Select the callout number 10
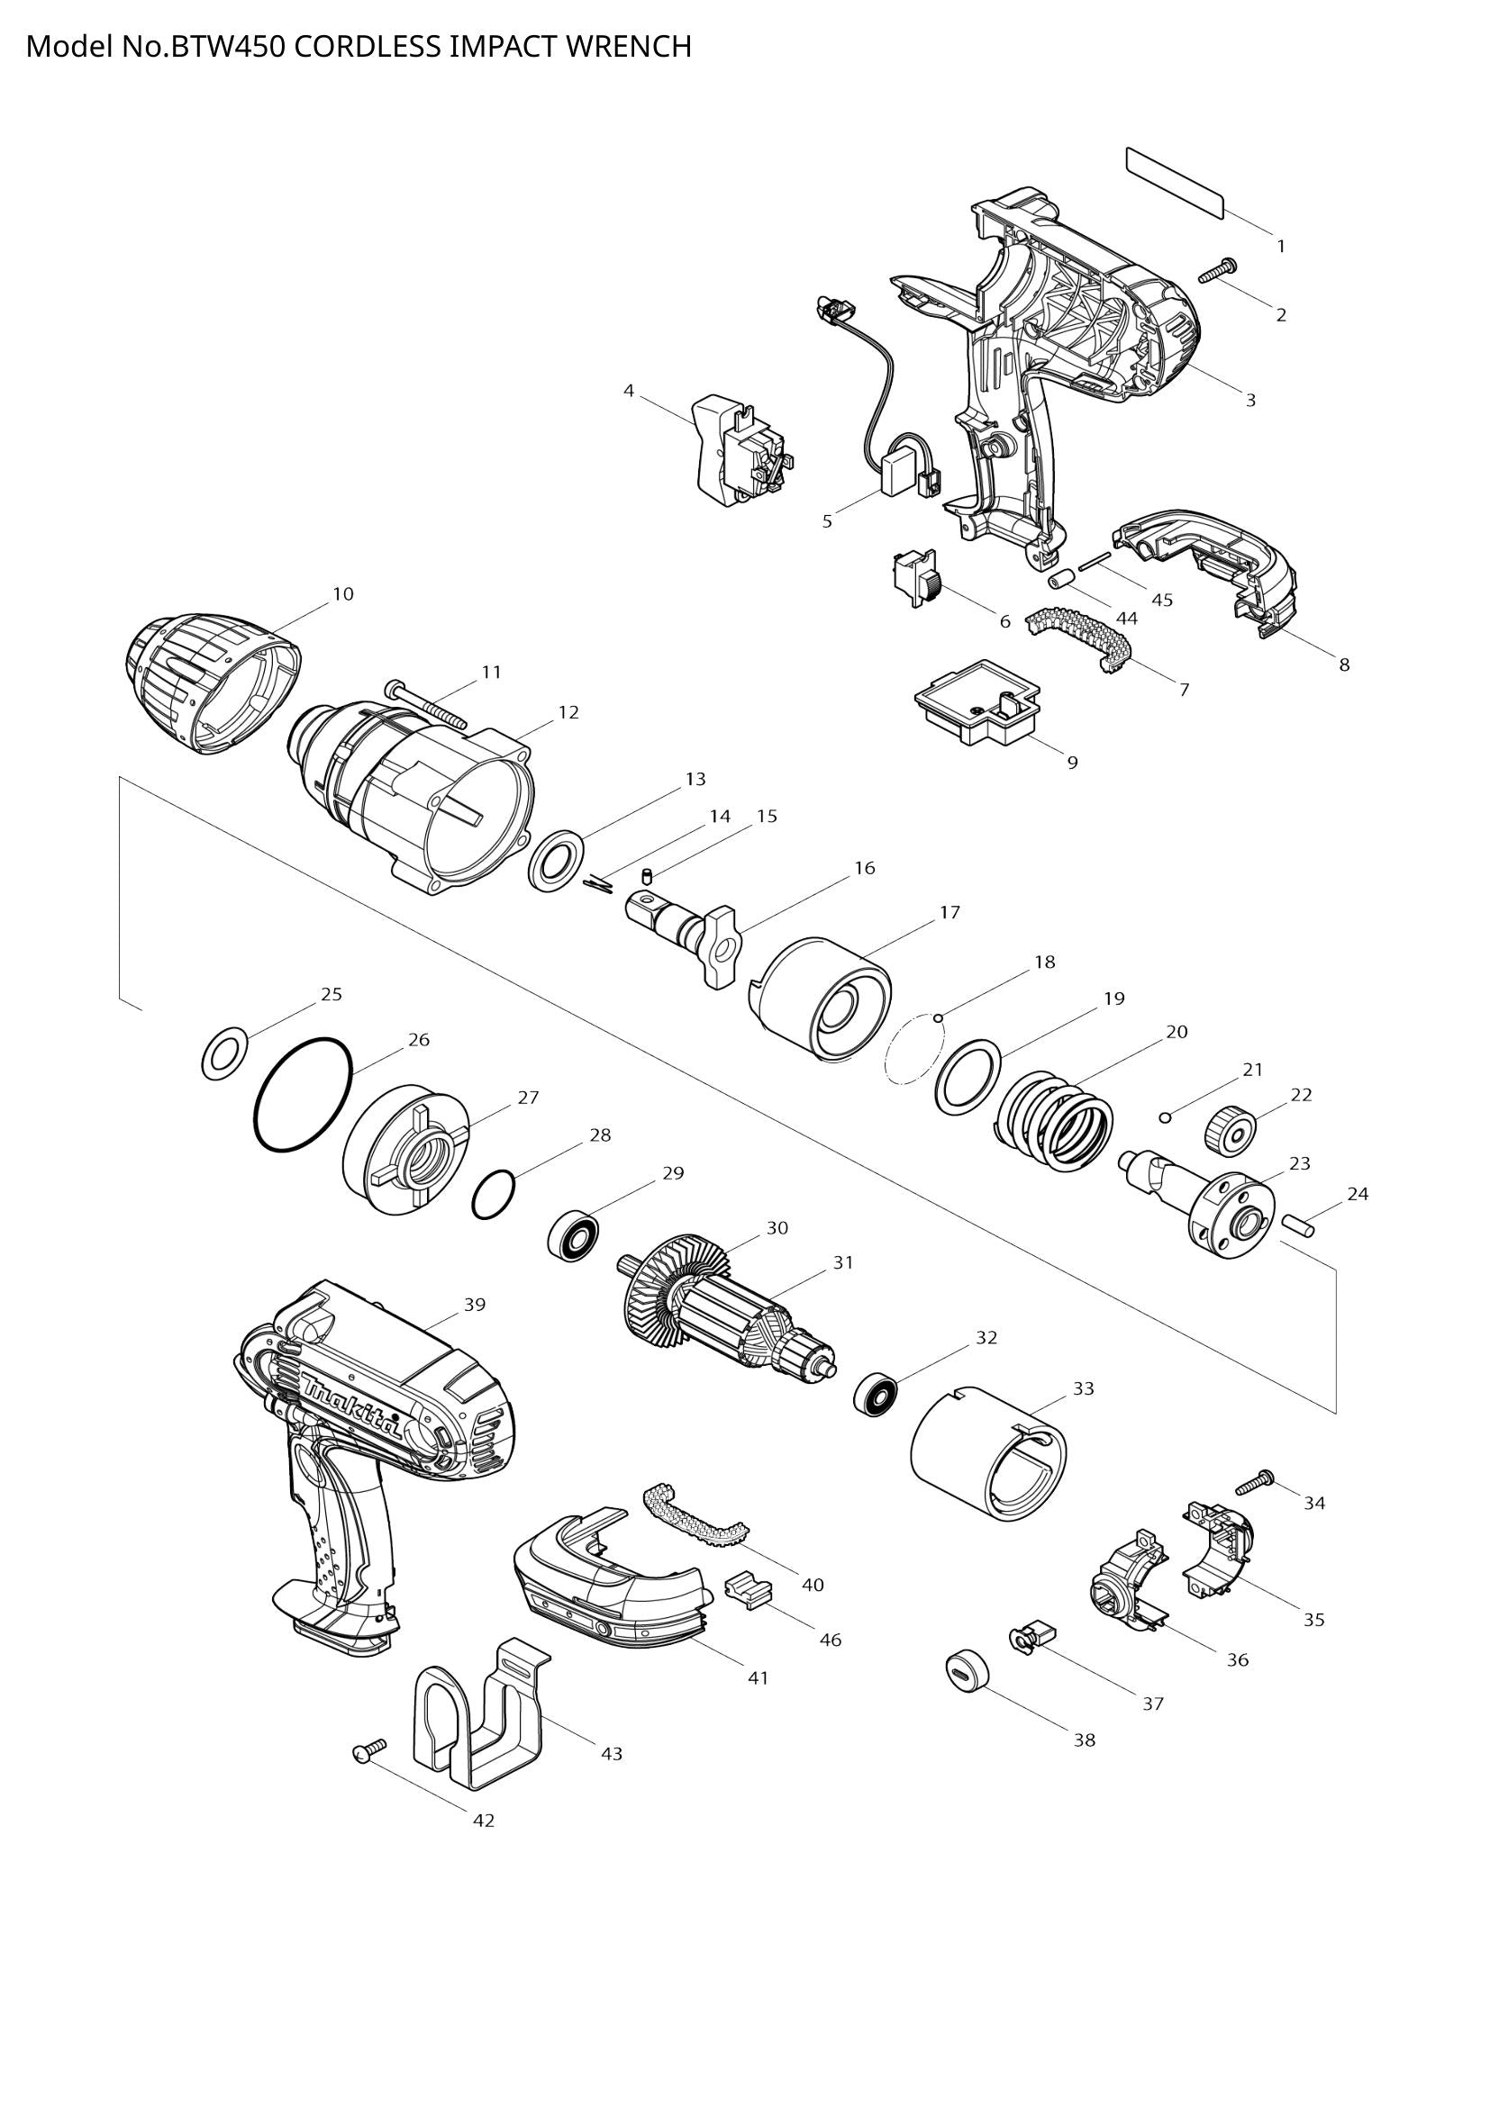click(x=342, y=594)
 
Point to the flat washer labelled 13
click(x=557, y=860)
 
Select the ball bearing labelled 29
click(x=575, y=1234)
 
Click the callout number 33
click(x=1084, y=1388)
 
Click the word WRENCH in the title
click(x=629, y=46)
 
